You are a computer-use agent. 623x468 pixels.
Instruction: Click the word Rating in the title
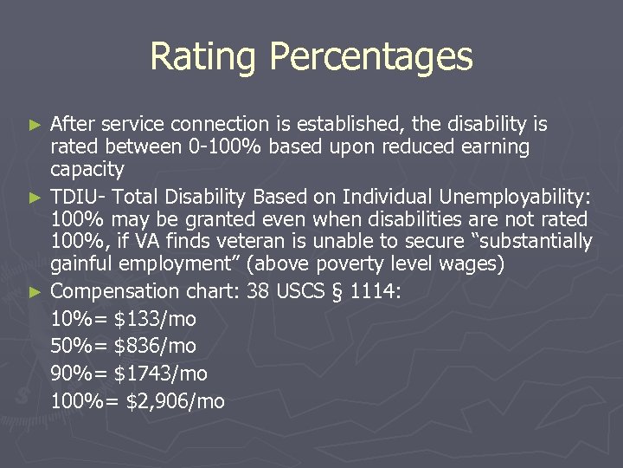203,57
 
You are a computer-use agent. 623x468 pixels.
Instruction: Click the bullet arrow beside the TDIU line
35,198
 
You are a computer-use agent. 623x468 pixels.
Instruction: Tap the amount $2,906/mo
176,401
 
